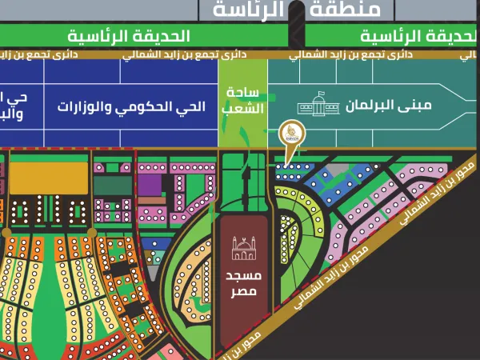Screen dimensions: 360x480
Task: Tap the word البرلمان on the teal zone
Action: [x=362, y=106]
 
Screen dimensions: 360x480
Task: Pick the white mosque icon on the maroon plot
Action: [x=245, y=249]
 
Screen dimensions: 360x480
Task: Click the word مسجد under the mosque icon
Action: [x=245, y=275]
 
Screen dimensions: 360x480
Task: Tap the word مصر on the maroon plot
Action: [x=245, y=292]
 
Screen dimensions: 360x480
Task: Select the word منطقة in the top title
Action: [x=361, y=10]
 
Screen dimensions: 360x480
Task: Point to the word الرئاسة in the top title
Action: [x=250, y=10]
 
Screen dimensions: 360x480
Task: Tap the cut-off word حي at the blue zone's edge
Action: [x=15, y=98]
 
